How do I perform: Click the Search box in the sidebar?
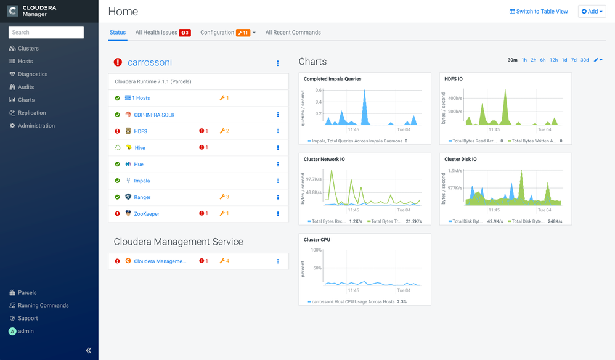(x=46, y=32)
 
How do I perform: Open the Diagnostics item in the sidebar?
(x=33, y=74)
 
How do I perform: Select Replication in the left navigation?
(x=32, y=113)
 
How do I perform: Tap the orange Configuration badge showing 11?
(x=243, y=33)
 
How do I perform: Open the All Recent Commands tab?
(x=293, y=33)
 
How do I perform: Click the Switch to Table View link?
(x=539, y=11)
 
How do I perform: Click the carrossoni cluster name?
(x=149, y=62)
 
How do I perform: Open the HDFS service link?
(x=141, y=131)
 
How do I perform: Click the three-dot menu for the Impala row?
(x=278, y=181)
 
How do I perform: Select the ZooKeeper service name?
(x=146, y=214)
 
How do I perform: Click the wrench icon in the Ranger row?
(x=222, y=197)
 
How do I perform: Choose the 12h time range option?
(x=553, y=60)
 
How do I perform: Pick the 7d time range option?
(x=574, y=60)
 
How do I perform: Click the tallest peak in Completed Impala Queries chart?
(x=364, y=91)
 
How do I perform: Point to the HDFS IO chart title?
(x=454, y=79)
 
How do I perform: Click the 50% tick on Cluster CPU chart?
(x=317, y=268)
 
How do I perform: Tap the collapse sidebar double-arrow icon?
(x=89, y=350)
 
